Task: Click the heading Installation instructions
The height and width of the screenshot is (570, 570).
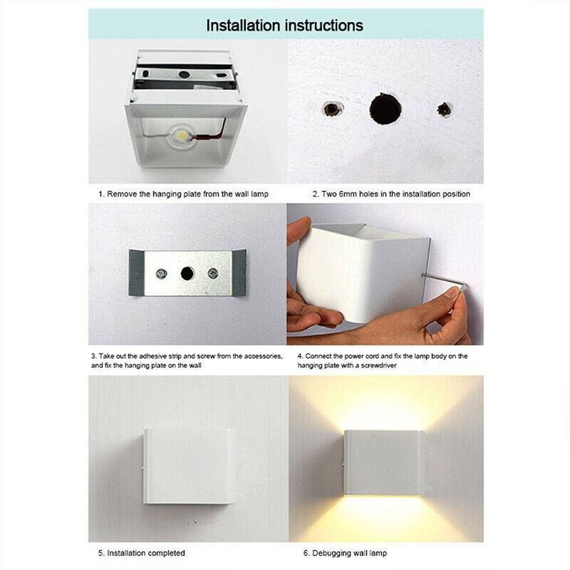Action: pyautogui.click(x=284, y=25)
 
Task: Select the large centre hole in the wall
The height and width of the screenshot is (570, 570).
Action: pyautogui.click(x=385, y=108)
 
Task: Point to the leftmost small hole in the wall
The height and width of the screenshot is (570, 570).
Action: pyautogui.click(x=331, y=109)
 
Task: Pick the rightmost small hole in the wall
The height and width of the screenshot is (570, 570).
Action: pyautogui.click(x=444, y=110)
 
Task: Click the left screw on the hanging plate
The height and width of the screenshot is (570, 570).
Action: pyautogui.click(x=162, y=273)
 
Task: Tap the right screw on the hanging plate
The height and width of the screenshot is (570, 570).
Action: pyautogui.click(x=212, y=273)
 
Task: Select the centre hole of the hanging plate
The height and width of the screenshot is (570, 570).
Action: pyautogui.click(x=187, y=273)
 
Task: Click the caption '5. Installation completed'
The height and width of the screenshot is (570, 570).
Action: pyautogui.click(x=141, y=553)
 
